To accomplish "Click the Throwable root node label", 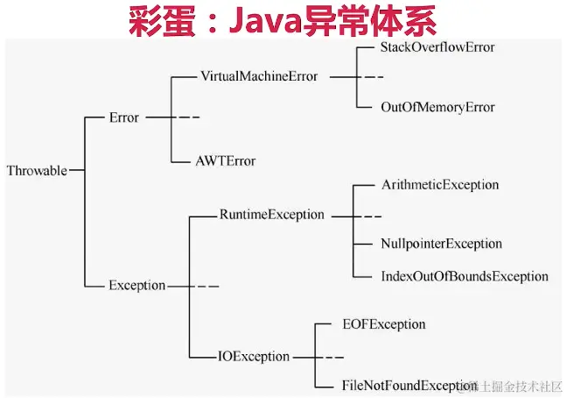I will tap(36, 171).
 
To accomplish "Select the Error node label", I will tap(123, 117).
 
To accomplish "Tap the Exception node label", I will tap(136, 285).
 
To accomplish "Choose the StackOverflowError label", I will tap(437, 46).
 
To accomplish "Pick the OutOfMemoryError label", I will tap(437, 107).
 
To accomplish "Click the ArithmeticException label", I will tap(440, 185).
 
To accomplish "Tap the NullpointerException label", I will tap(441, 244).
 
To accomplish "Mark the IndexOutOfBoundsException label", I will tap(465, 276).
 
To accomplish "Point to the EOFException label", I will tap(383, 324).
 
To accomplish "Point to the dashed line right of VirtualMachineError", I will tap(367, 76).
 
